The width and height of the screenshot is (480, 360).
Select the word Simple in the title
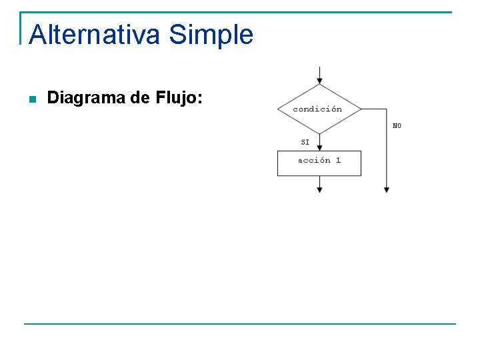[211, 34]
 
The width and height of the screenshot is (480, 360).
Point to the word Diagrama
[87, 99]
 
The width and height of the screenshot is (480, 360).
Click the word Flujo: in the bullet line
[179, 99]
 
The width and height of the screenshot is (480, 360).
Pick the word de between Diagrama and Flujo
[140, 99]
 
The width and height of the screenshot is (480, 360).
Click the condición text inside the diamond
[317, 109]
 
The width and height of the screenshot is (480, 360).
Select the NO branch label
[397, 125]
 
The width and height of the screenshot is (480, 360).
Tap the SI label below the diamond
[305, 142]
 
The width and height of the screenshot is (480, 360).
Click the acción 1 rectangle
[319, 163]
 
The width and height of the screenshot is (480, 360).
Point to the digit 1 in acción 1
[338, 160]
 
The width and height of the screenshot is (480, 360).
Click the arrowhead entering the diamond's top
[320, 80]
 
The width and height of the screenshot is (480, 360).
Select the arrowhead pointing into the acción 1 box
[319, 147]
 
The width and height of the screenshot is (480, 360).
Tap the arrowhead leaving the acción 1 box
[319, 189]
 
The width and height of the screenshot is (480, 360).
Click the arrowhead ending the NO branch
[387, 189]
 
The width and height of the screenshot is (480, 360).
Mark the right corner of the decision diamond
[361, 109]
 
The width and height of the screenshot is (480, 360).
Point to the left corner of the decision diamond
[277, 109]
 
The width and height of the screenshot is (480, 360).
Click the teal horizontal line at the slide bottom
[240, 324]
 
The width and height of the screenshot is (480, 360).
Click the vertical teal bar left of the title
[21, 28]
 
